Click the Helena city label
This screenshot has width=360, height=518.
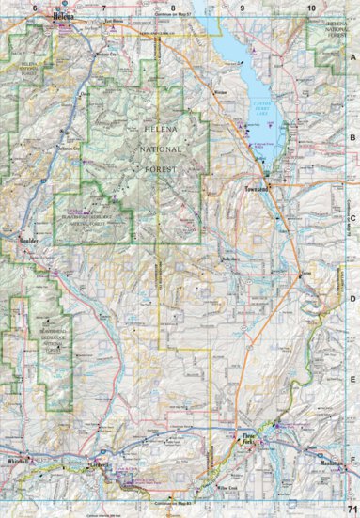pyautogui.click(x=63, y=17)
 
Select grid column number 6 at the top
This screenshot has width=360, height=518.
pyautogui.click(x=36, y=8)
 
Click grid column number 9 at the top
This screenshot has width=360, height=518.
pyautogui.click(x=243, y=8)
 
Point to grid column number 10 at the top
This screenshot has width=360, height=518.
pyautogui.click(x=311, y=8)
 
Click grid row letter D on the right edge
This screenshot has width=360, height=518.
pyautogui.click(x=352, y=299)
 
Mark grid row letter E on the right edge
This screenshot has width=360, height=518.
pyautogui.click(x=352, y=380)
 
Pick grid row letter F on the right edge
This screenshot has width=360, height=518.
pyautogui.click(x=352, y=461)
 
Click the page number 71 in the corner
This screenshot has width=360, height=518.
pyautogui.click(x=351, y=508)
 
